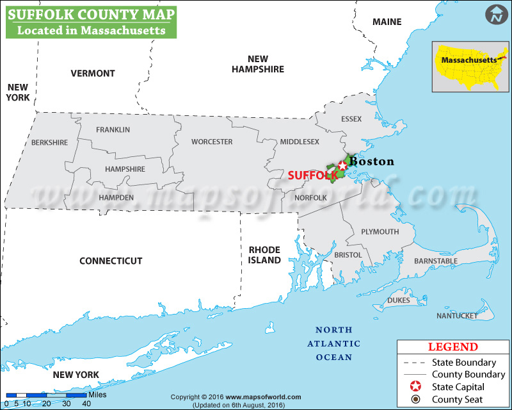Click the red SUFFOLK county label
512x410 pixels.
coord(312,174)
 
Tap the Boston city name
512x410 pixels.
coord(372,161)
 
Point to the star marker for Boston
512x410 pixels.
coord(342,166)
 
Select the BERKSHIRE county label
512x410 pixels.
coord(49,142)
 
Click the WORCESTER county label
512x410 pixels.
coord(212,142)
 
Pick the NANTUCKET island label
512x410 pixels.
coord(457,316)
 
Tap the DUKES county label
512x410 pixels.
coord(399,300)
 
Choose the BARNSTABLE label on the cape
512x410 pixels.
coord(436,261)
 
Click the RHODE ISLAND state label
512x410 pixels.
coord(265,255)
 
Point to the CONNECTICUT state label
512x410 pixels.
coord(111,261)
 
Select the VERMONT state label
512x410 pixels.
coord(93,73)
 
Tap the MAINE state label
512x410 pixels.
coord(387,22)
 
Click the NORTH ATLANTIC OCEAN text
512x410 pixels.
coord(333,343)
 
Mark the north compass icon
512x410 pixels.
coord(495,15)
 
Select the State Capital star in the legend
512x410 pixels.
coord(415,387)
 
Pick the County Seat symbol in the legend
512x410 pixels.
coord(415,400)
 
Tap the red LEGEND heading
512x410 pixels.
coord(452,347)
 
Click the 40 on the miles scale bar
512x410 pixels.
coord(86,403)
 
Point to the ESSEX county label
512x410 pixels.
coord(351,119)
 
